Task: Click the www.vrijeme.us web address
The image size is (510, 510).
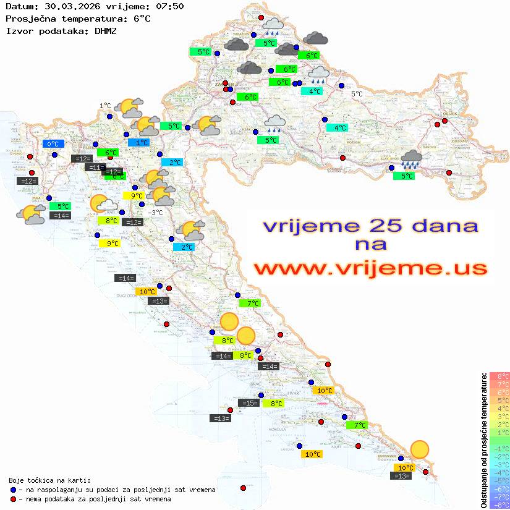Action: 370,268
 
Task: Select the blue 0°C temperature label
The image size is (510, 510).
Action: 53,144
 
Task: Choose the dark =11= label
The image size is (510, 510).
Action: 95,168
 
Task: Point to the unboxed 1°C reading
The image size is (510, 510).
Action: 105,106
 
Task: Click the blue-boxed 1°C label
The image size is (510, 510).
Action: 138,142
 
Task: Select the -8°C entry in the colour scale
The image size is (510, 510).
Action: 499,504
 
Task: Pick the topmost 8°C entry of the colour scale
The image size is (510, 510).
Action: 499,376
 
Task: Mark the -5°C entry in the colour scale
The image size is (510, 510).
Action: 499,480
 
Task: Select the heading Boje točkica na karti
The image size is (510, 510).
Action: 49,480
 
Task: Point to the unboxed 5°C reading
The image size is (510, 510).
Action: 357,94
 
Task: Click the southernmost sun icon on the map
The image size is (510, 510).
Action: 420,449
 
